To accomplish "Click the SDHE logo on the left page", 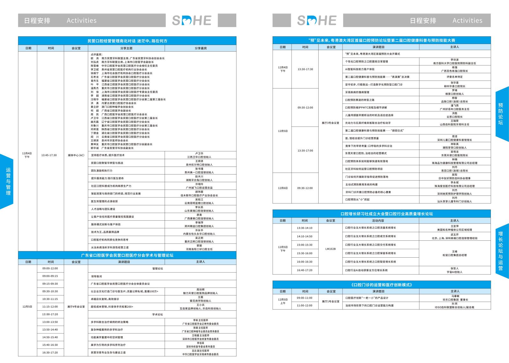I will click(192, 20).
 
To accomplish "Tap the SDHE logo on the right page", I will click(317, 20).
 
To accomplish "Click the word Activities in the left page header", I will click(82, 20).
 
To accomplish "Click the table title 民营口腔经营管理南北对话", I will click(127, 41).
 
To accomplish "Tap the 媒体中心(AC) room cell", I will click(76, 155).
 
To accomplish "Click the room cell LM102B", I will click(330, 249).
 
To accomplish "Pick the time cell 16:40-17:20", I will click(305, 270).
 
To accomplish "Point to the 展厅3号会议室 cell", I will click(330, 123).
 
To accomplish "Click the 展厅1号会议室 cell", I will click(330, 301).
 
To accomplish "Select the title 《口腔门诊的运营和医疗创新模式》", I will click(381, 285).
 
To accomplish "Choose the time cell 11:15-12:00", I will click(50, 307).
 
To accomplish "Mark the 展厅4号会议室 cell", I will click(76, 307).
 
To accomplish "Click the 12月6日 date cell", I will click(283, 188).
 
